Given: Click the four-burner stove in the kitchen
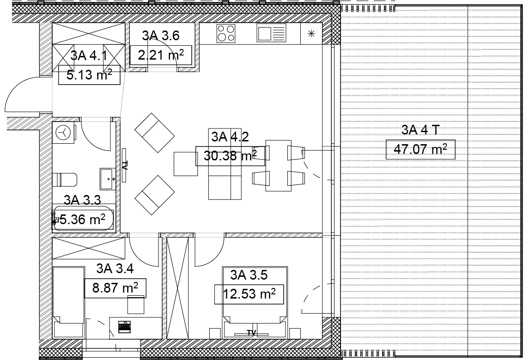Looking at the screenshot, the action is click(226, 33).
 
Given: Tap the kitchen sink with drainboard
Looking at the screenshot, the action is click(271, 33).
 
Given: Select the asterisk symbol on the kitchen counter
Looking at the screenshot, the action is click(311, 33).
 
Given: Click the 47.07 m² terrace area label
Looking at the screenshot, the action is click(420, 149).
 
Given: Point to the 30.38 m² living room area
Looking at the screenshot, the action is click(230, 156).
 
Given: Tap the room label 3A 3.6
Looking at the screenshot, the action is click(161, 36).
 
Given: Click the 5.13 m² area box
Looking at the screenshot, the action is click(89, 75).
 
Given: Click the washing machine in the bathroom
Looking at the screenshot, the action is click(64, 133).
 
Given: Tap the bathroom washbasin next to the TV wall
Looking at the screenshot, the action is click(108, 179).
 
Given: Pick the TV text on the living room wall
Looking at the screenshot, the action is click(124, 165).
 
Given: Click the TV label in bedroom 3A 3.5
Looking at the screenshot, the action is click(251, 333).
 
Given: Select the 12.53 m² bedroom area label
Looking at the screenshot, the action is click(249, 294).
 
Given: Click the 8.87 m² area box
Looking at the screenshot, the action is click(115, 288).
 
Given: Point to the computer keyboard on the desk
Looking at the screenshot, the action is click(124, 327).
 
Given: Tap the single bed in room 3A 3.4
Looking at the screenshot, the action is click(68, 295).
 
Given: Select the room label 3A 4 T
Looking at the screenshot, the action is click(420, 130).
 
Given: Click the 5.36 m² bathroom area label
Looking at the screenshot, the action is click(82, 220).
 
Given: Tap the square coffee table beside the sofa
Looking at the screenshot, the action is click(186, 164).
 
